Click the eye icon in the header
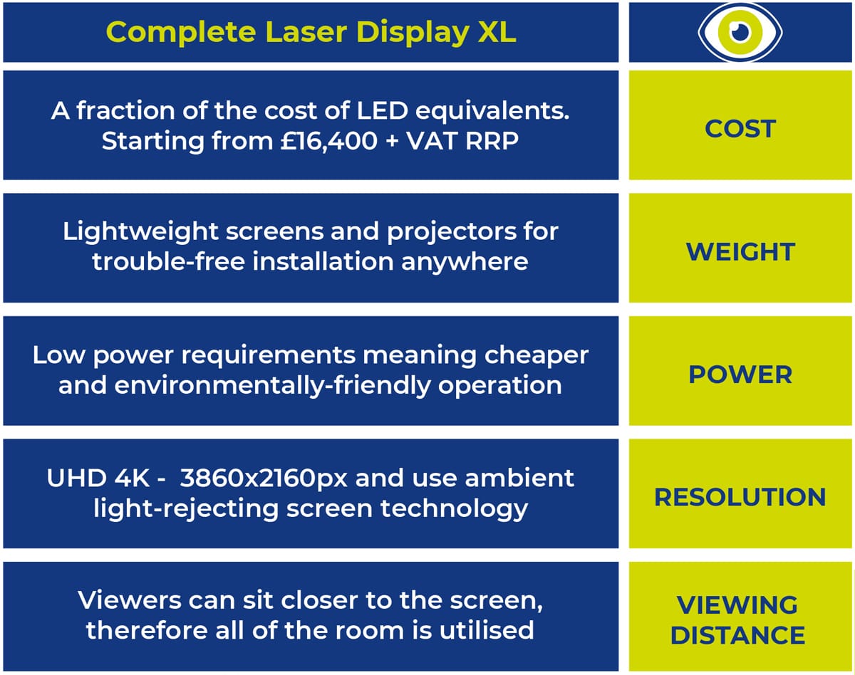coord(740,32)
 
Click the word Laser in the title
coord(306,32)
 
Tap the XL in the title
coord(497,32)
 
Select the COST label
coord(740,129)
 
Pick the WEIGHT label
coord(740,252)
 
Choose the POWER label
coord(740,375)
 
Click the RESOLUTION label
coord(740,497)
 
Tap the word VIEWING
coord(737,605)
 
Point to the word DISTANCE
coord(738,635)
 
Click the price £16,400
coord(329,142)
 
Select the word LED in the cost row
coord(383,111)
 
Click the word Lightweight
coord(140,232)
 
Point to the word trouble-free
coord(168,262)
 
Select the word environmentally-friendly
coord(272,386)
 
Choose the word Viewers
coord(130,600)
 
